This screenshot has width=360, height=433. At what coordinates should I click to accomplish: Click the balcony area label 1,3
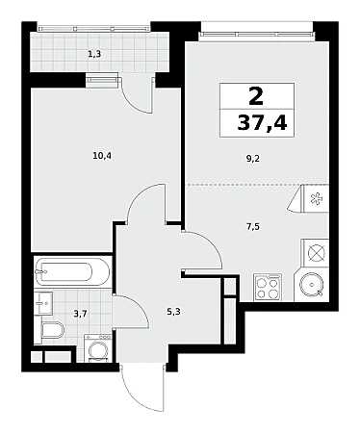(94, 54)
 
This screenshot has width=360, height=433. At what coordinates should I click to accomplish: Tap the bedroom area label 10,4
(102, 156)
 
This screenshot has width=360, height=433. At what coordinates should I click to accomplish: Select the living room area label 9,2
(253, 159)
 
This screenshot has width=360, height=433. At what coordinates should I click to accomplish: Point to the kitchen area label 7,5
(253, 227)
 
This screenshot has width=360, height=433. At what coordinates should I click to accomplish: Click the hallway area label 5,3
(173, 311)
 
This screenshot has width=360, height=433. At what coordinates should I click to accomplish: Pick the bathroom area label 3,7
(80, 314)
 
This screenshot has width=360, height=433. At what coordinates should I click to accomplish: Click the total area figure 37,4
(262, 123)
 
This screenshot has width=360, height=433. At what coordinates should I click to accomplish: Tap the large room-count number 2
(256, 96)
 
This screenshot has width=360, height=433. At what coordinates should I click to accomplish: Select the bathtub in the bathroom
(72, 272)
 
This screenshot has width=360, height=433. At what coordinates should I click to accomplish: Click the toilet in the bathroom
(53, 330)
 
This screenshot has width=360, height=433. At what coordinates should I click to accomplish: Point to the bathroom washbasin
(43, 303)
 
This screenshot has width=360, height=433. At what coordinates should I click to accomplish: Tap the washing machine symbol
(98, 347)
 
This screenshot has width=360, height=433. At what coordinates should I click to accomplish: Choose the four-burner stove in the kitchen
(268, 287)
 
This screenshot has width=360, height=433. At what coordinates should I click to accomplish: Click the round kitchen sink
(311, 284)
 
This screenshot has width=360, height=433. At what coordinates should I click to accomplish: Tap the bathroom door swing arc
(140, 304)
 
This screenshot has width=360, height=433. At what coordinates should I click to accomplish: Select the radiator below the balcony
(102, 79)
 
